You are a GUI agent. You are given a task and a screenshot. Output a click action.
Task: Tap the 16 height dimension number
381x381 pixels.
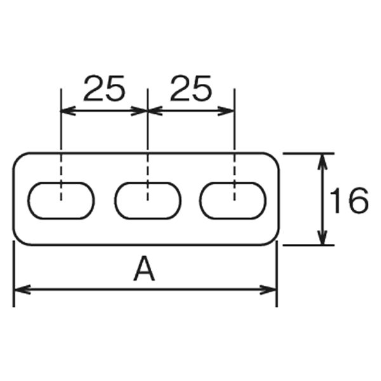click(x=349, y=201)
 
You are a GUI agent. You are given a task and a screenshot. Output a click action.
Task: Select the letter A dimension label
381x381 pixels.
click(x=144, y=268)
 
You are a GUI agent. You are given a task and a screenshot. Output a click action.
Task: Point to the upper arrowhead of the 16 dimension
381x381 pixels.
click(x=322, y=161)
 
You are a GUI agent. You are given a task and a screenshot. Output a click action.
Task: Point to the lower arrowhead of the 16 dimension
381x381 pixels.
click(x=322, y=237)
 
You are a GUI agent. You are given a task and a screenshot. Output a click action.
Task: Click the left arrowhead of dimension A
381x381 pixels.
click(x=22, y=289)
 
